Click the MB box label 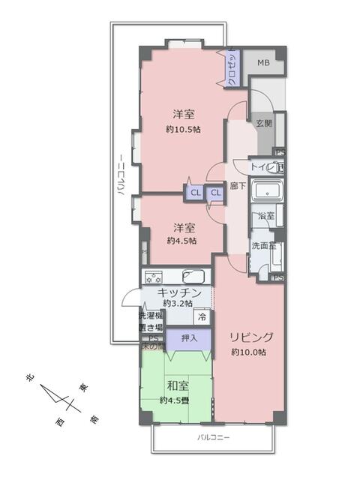pyautogui.click(x=263, y=63)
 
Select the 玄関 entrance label pyautogui.click(x=263, y=123)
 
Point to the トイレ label pyautogui.click(x=262, y=167)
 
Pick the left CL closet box pyautogui.click(x=195, y=193)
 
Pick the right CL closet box pyautogui.click(x=215, y=193)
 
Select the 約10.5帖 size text pyautogui.click(x=184, y=129)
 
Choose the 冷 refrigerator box pyautogui.click(x=202, y=316)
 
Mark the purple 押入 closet pyautogui.click(x=188, y=339)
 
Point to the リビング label pyautogui.click(x=251, y=337)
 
